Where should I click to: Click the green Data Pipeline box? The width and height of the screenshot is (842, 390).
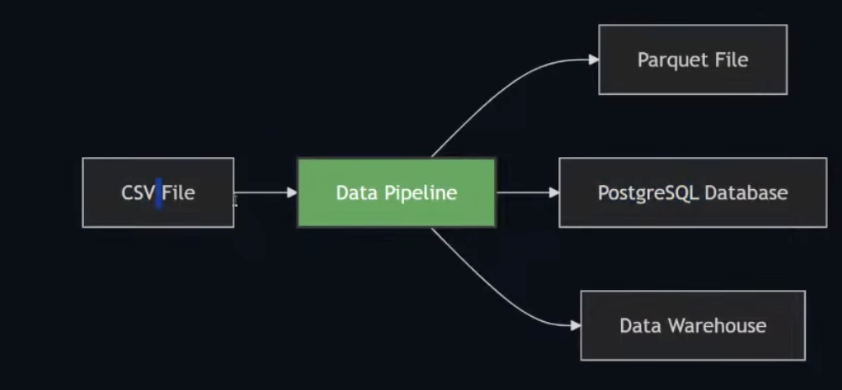click(396, 192)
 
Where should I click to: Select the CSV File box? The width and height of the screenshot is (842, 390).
click(158, 192)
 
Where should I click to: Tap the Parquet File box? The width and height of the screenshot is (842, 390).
click(692, 60)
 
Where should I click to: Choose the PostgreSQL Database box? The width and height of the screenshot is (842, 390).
click(692, 192)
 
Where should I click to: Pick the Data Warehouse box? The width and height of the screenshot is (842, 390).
click(692, 325)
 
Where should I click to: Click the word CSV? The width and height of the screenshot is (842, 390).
click(138, 193)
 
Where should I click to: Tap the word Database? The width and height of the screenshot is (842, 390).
click(746, 192)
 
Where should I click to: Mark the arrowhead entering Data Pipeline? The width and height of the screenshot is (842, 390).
click(292, 192)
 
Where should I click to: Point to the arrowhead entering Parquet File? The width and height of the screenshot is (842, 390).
click(593, 60)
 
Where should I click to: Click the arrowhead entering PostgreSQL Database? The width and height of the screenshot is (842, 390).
click(554, 192)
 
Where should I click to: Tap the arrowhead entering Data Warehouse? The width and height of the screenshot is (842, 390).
click(575, 325)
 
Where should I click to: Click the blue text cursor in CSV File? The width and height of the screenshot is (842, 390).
click(158, 192)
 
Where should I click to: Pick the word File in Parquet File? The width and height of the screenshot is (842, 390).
click(730, 61)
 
